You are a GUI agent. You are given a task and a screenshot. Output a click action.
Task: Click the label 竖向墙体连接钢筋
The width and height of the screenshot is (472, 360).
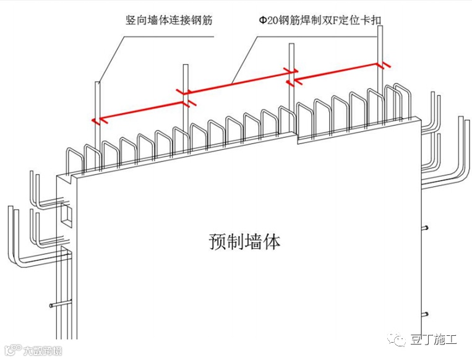(x=168, y=20)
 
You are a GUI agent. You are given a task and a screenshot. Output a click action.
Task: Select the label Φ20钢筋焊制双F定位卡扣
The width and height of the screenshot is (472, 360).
(x=320, y=20)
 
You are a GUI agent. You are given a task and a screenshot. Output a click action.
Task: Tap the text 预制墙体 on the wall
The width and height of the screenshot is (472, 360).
(x=244, y=241)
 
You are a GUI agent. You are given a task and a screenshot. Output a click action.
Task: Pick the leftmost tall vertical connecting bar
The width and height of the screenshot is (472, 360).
(x=97, y=99)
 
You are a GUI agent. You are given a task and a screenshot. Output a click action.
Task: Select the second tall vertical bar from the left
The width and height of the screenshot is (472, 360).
(x=184, y=80)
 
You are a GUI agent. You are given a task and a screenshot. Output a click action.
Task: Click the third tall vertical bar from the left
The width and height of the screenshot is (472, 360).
(x=290, y=62)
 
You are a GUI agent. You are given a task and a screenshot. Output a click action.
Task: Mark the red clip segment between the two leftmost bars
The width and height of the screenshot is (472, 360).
(x=140, y=106)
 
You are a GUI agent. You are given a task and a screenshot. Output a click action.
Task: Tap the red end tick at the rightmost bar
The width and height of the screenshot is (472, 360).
(x=385, y=64)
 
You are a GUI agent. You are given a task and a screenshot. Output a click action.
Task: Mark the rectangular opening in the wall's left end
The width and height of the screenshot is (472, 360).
(x=65, y=213)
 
